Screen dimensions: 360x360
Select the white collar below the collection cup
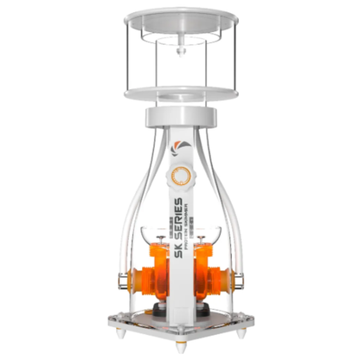pos(180,115)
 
